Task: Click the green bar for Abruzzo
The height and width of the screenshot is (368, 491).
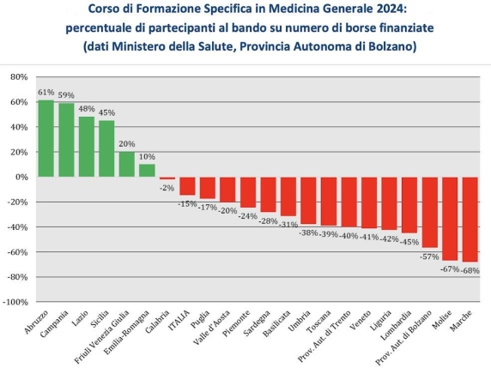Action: click(x=45, y=138)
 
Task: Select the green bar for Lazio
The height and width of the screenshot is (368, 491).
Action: click(x=87, y=147)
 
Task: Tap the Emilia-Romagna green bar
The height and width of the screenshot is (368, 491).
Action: click(x=147, y=171)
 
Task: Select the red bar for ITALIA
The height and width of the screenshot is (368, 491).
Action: click(x=187, y=186)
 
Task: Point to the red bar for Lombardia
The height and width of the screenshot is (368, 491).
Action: click(x=409, y=205)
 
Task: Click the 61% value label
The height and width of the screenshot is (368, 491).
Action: click(x=45, y=93)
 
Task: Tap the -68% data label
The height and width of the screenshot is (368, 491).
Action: click(x=470, y=270)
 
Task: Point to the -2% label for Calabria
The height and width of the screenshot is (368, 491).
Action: click(x=167, y=188)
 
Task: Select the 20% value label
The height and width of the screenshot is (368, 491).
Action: click(x=127, y=144)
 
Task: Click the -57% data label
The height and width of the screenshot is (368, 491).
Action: click(x=430, y=256)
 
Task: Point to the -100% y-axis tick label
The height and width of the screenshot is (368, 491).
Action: click(x=15, y=303)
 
